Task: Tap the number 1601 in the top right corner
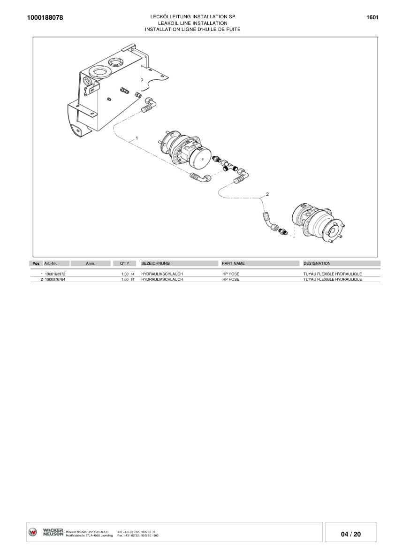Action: click(x=372, y=17)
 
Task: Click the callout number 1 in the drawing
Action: click(x=137, y=138)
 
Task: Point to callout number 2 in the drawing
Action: click(x=267, y=193)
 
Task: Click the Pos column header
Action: click(x=36, y=264)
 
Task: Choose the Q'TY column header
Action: click(x=124, y=264)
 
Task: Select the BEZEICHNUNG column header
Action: click(x=155, y=264)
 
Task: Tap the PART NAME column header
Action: click(x=233, y=264)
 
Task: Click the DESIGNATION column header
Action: click(x=317, y=264)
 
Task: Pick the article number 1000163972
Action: click(x=55, y=274)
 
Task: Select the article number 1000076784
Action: click(x=55, y=279)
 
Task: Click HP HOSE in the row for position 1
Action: click(x=230, y=274)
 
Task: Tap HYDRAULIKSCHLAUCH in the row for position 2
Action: click(x=162, y=279)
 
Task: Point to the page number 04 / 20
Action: click(x=351, y=534)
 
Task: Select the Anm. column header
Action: click(x=91, y=264)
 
